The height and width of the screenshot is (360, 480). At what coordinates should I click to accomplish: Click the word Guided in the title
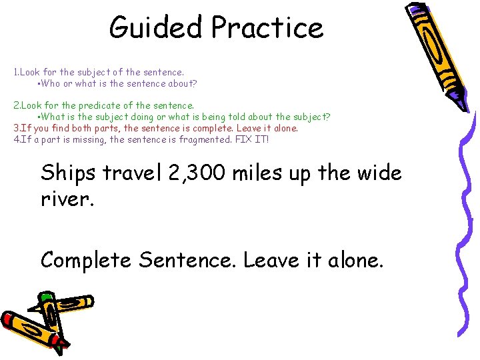pos(156,28)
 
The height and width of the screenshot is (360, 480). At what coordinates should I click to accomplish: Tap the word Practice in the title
pos(267,28)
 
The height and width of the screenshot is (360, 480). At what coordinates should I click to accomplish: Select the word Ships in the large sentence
pos(68,173)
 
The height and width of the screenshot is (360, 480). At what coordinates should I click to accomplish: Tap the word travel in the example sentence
pos(132,173)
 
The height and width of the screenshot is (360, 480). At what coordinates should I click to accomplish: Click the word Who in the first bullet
pos(50,84)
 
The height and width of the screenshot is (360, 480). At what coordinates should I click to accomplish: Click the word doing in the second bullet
pos(146,117)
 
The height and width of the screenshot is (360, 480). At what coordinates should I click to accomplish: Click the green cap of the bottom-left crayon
pos(45,297)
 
